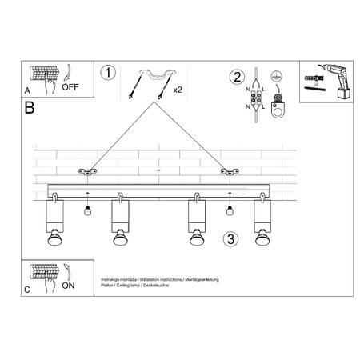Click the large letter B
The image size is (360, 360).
[30, 107]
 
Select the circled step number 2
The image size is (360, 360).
[236, 78]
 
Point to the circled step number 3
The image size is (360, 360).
[230, 239]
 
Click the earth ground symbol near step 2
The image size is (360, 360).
[278, 76]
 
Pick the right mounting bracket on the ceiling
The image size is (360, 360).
[230, 170]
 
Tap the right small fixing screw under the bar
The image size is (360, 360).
[230, 210]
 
